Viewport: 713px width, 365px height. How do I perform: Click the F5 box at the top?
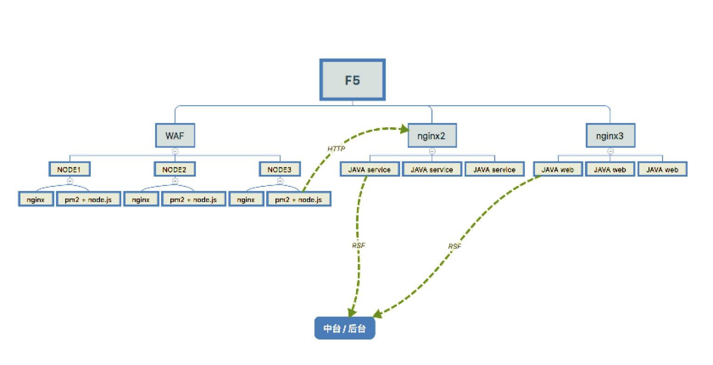352,80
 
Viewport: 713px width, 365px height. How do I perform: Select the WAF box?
175,135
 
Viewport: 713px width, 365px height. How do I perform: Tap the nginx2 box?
432,135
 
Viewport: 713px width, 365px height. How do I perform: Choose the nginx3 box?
610,135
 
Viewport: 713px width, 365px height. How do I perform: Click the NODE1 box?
69,169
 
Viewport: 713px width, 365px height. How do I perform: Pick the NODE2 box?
175,169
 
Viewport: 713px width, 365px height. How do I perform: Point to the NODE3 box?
280,169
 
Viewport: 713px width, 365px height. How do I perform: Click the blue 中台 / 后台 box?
344,328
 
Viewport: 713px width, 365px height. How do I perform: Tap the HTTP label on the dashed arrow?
336,148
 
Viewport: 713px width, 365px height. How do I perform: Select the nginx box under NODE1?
36,199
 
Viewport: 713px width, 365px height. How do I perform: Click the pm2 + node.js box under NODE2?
193,199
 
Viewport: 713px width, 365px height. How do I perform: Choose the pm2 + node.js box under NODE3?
298,199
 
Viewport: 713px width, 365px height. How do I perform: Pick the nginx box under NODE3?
246,199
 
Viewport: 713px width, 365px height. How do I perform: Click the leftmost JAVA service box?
369,169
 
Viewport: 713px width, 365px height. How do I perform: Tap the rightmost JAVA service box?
494,169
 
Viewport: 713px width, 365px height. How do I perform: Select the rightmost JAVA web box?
662,169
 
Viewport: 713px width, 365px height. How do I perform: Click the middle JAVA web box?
610,169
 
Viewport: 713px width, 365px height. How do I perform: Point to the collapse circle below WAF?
175,151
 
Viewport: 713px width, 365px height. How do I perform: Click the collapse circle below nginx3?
610,151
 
